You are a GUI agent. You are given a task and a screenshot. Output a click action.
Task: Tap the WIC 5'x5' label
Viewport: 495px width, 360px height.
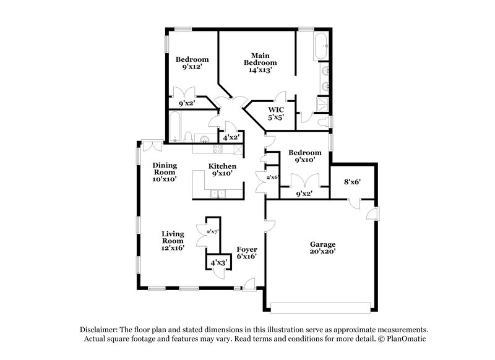[x=275, y=113]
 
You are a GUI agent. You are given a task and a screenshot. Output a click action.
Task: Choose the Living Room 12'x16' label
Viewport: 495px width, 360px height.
[x=173, y=241]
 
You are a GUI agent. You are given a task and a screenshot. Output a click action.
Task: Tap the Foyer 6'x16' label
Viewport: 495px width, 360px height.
[x=247, y=253]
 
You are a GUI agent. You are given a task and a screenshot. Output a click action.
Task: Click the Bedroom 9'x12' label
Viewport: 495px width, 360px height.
[x=192, y=63]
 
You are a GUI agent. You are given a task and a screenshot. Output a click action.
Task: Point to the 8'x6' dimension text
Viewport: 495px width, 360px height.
[x=353, y=182]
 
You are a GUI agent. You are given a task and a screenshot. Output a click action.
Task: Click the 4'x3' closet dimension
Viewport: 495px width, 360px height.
[x=218, y=262]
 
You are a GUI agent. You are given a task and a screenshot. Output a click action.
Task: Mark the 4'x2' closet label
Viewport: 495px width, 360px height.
[x=231, y=137]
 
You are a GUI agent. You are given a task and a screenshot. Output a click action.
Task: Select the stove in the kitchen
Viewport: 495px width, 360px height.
[x=217, y=148]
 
